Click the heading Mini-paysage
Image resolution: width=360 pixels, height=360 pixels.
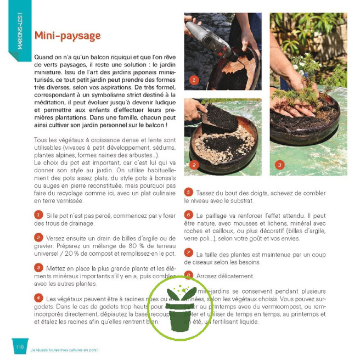coord(67,36)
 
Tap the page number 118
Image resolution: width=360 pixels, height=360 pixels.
coord(20,346)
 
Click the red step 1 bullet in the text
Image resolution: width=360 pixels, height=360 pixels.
coord(38,215)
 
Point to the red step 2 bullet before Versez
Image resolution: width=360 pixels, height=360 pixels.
coord(38,237)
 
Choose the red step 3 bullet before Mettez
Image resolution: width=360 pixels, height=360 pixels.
coord(38,267)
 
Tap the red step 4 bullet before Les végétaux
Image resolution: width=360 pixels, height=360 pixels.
coord(38,297)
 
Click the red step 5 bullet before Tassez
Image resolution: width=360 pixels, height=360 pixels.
coord(188,192)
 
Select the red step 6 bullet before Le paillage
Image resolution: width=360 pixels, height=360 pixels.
coord(188,215)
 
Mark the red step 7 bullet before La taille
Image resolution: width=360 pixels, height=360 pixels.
coord(188,252)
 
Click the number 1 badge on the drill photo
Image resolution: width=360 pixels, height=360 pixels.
coord(193,80)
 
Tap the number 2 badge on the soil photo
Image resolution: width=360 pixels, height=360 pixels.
coord(193,165)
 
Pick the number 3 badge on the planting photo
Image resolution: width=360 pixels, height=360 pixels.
coord(279,165)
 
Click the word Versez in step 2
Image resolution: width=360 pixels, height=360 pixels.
coord(57,238)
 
